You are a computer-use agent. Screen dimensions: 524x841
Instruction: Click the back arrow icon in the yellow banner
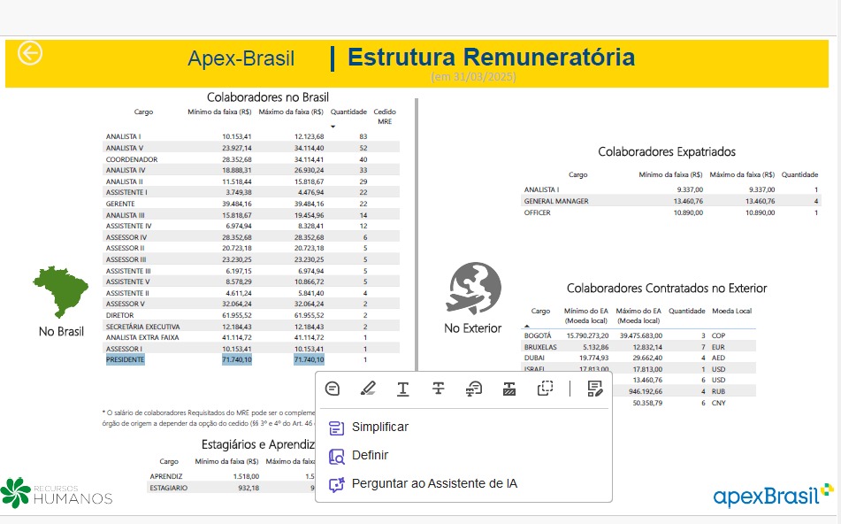click(30, 53)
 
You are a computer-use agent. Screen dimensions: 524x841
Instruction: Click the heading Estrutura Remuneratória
click(491, 58)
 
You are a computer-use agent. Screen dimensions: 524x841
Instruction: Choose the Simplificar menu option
click(379, 428)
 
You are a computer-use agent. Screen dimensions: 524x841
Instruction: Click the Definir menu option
click(370, 456)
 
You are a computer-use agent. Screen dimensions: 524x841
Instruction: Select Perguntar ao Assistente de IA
click(433, 484)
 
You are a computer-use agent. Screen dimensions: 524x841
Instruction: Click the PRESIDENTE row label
click(125, 360)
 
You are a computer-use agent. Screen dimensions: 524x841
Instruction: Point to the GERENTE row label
click(120, 204)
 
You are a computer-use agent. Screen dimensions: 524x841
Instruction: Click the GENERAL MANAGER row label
click(556, 201)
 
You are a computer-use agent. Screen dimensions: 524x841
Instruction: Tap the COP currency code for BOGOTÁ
click(718, 336)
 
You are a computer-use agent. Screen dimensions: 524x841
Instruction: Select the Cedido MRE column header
click(385, 116)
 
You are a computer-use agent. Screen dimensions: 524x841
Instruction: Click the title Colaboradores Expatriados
click(667, 152)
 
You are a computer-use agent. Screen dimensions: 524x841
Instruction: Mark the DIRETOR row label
click(120, 315)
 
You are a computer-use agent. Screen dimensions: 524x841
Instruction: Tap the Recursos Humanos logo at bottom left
click(57, 493)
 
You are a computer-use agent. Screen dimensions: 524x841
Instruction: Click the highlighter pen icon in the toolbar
click(368, 388)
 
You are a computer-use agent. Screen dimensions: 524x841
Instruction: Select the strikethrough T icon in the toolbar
click(438, 388)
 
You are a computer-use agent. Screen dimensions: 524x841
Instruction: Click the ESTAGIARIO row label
click(168, 488)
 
